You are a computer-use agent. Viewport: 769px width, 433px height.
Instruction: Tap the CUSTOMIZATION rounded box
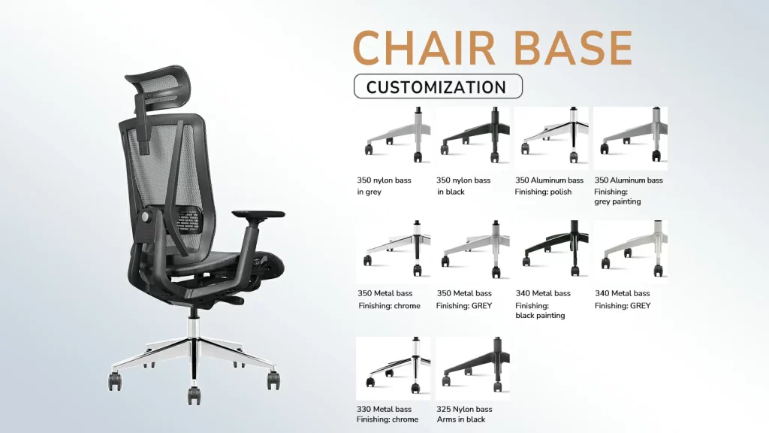pyautogui.click(x=438, y=86)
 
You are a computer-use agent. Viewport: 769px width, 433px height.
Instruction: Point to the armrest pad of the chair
pyautogui.click(x=258, y=214)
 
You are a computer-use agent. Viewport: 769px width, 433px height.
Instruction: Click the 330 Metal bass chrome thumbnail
pyautogui.click(x=394, y=368)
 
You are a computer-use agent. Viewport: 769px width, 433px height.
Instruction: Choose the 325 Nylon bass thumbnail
pyautogui.click(x=472, y=368)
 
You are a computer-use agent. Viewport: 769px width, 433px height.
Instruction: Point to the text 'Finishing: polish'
pyautogui.click(x=543, y=192)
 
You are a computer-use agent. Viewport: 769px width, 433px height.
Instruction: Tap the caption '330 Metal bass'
pyautogui.click(x=384, y=409)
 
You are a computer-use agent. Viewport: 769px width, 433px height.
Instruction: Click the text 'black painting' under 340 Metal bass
pyautogui.click(x=540, y=316)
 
